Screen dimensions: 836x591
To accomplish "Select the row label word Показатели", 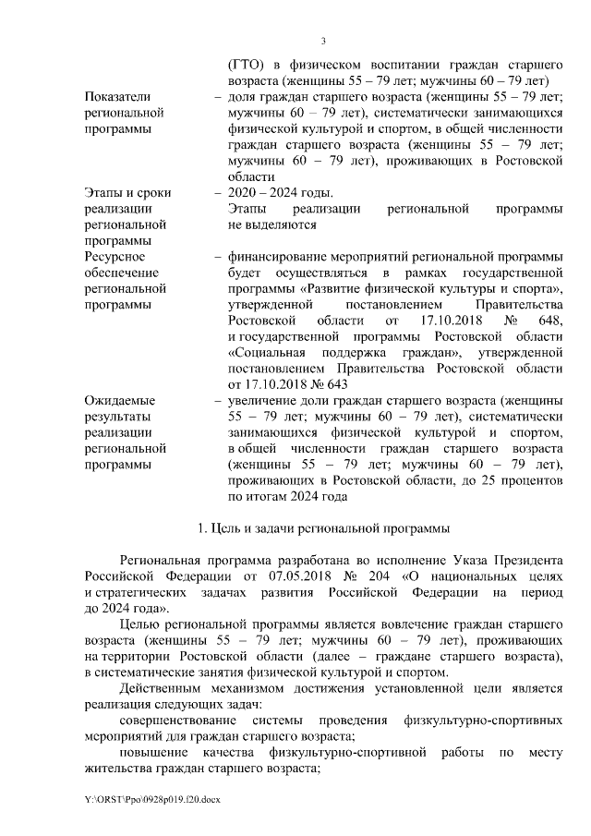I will click(x=115, y=97).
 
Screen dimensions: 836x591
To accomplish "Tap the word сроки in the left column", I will click(x=149, y=192).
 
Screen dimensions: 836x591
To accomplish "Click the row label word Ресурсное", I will click(x=115, y=256).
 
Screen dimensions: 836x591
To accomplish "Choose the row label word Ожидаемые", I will click(x=118, y=401).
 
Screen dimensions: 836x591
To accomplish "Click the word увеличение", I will click(x=265, y=401).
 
